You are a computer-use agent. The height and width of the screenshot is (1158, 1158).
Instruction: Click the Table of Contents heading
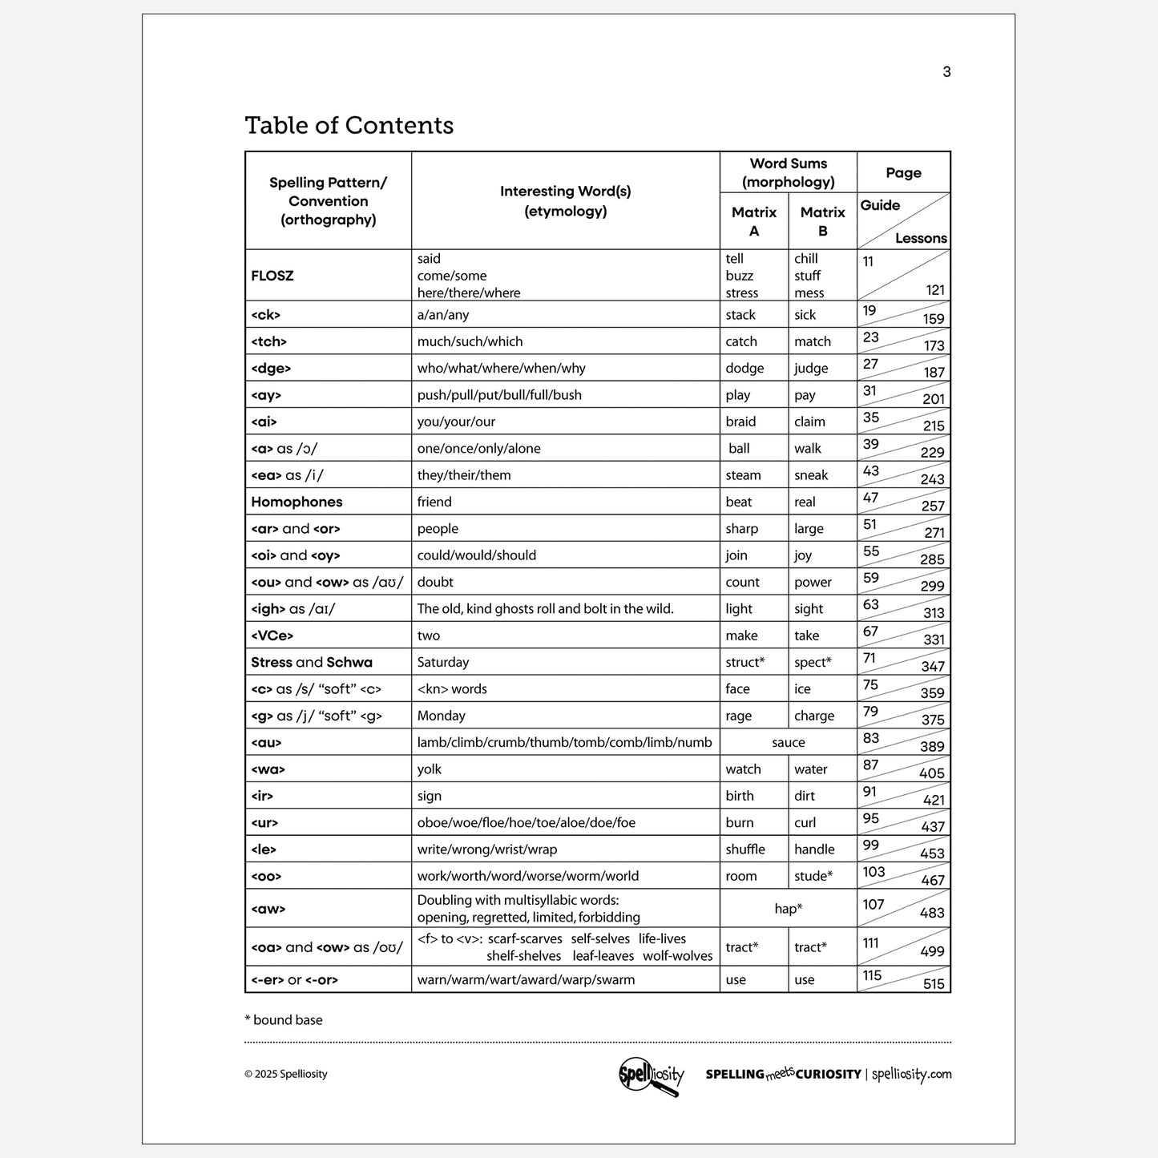(349, 125)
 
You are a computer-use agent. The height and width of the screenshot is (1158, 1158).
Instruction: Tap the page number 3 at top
(946, 72)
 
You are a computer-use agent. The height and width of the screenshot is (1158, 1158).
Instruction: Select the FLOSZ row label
(272, 276)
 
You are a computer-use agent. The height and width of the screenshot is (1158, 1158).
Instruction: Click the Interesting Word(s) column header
(565, 201)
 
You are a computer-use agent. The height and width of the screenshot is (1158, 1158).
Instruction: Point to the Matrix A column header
(754, 221)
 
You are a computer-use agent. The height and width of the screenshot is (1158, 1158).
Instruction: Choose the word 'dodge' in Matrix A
(744, 369)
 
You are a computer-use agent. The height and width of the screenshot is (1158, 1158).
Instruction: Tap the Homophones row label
(297, 502)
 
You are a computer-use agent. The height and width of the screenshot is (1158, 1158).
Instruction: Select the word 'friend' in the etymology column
(434, 502)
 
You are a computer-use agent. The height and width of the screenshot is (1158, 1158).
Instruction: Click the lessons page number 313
(934, 613)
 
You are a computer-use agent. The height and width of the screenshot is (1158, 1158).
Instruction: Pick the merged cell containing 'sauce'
(789, 743)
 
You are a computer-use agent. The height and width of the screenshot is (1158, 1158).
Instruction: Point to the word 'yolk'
(430, 769)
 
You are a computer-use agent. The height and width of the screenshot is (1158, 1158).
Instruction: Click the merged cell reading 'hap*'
(789, 909)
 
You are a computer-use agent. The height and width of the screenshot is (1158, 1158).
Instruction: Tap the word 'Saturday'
(443, 663)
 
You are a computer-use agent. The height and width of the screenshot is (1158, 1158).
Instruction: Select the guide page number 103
(874, 872)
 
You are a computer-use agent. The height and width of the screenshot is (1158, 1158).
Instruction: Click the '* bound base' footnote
(284, 1020)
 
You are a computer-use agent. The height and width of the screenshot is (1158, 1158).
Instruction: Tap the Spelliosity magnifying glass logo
(652, 1075)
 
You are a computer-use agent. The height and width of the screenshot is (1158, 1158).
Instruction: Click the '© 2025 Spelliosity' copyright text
(286, 1075)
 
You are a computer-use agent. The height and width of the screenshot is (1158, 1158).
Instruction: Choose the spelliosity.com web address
(911, 1075)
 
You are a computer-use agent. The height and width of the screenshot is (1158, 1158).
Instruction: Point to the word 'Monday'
(441, 716)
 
